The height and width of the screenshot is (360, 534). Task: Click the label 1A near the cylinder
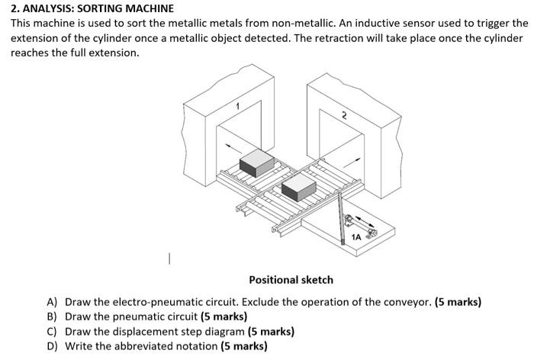click(356, 237)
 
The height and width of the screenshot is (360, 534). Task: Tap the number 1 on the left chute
click(238, 107)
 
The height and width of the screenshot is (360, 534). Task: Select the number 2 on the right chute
click(344, 116)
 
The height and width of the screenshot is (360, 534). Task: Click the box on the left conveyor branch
click(257, 163)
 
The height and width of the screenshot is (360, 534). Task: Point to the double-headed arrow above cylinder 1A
click(365, 221)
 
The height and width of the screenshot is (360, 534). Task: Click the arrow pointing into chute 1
click(233, 149)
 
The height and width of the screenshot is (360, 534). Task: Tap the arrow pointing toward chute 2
click(352, 162)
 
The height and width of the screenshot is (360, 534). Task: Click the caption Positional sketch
click(291, 280)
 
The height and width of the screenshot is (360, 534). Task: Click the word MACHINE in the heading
click(150, 8)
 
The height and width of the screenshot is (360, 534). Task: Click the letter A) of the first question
click(52, 302)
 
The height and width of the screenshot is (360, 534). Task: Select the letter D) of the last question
click(52, 346)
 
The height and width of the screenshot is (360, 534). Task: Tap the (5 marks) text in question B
click(224, 317)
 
